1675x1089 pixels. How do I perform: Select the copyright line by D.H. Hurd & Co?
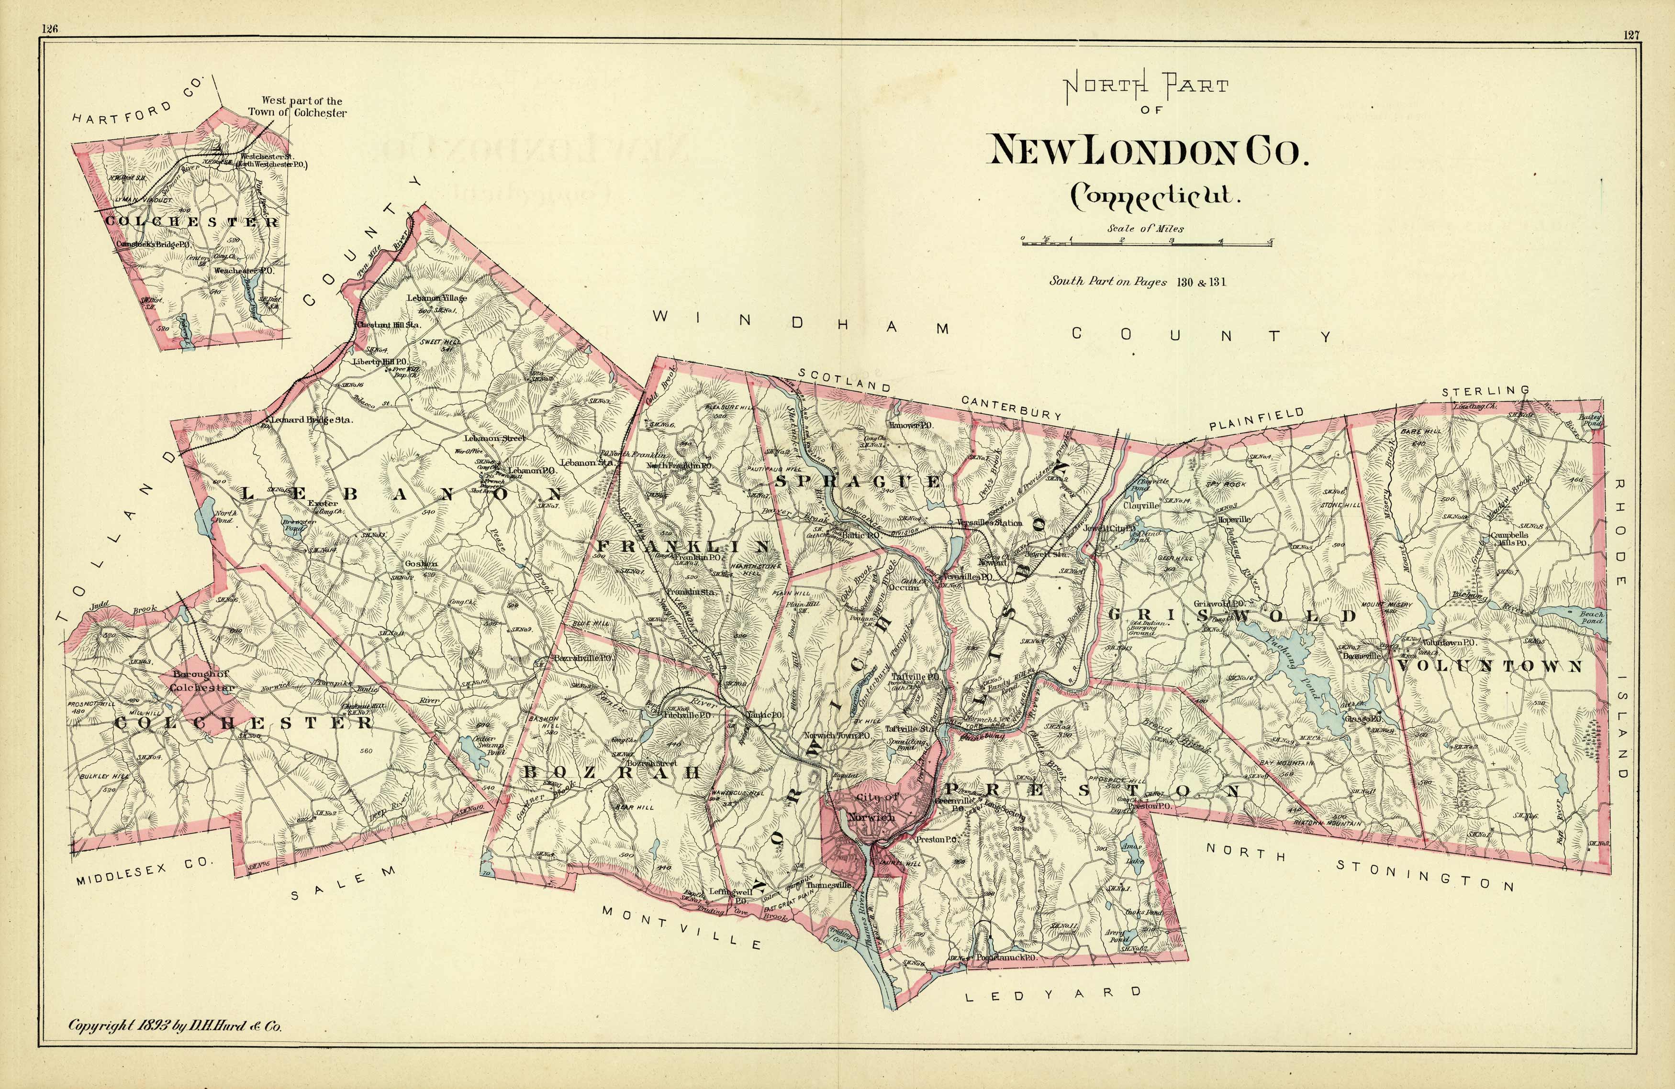tap(175, 1026)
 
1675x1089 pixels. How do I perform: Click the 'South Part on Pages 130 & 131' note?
tap(1138, 281)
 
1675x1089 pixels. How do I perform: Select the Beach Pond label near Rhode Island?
tap(1592, 617)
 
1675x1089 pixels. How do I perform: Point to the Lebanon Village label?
tap(436, 297)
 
